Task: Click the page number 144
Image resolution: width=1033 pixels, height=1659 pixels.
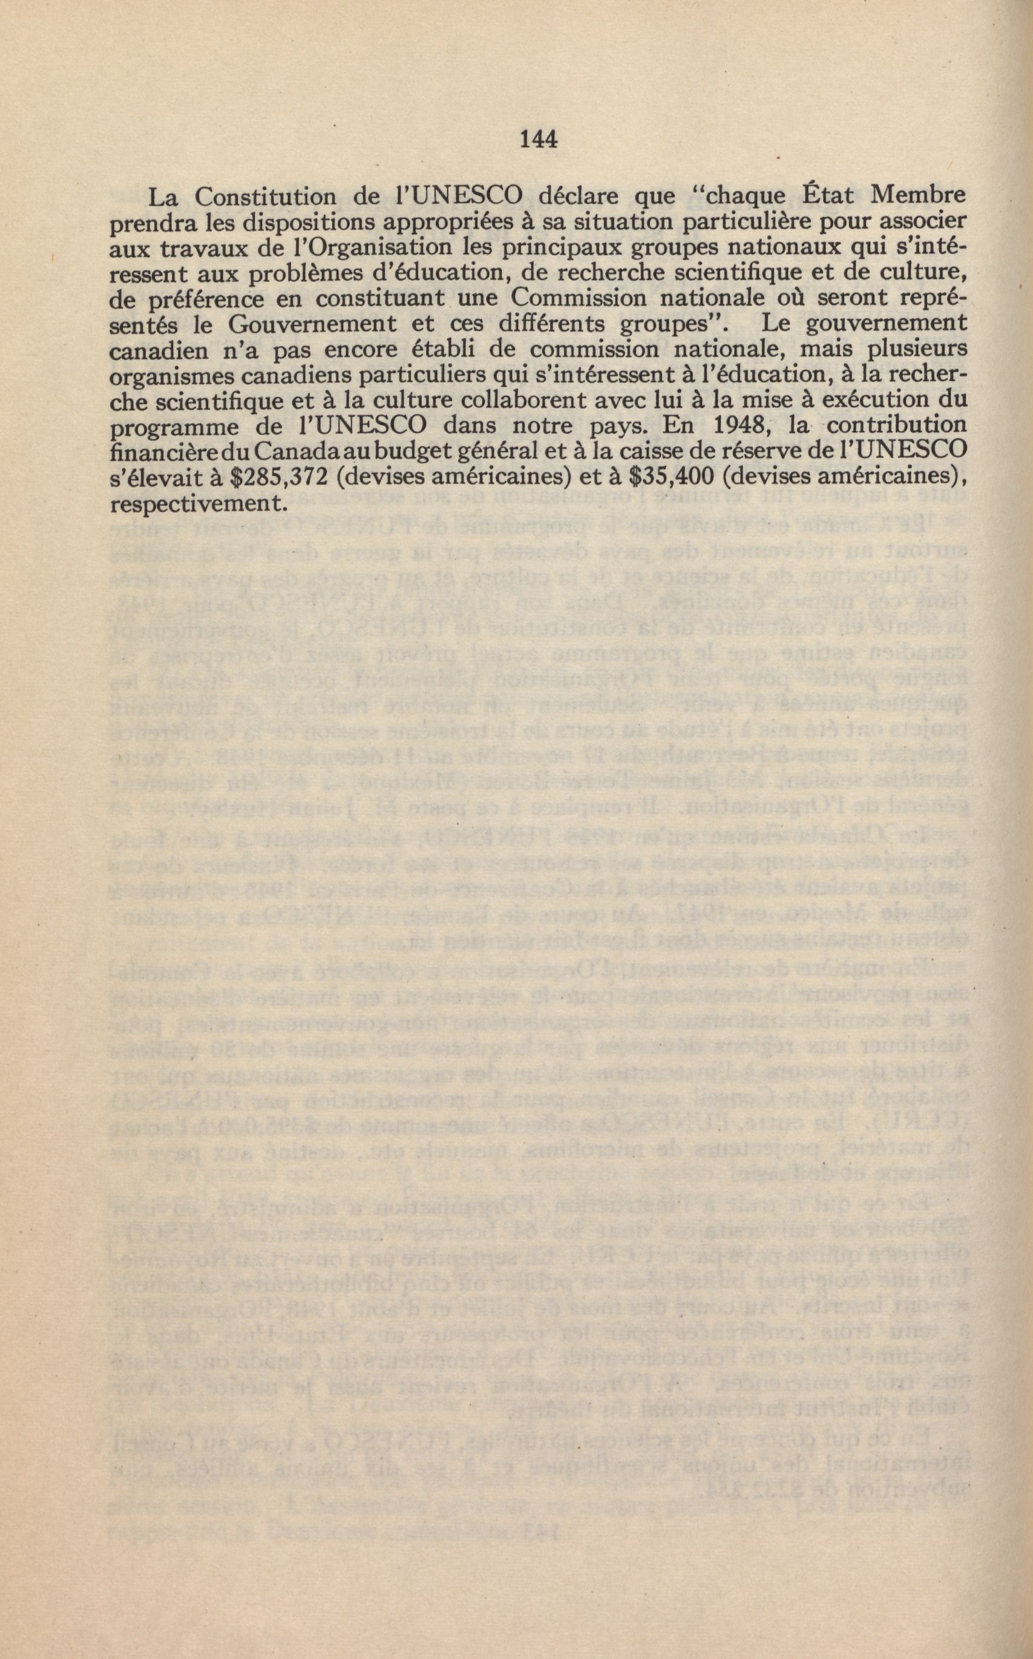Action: click(x=539, y=140)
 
